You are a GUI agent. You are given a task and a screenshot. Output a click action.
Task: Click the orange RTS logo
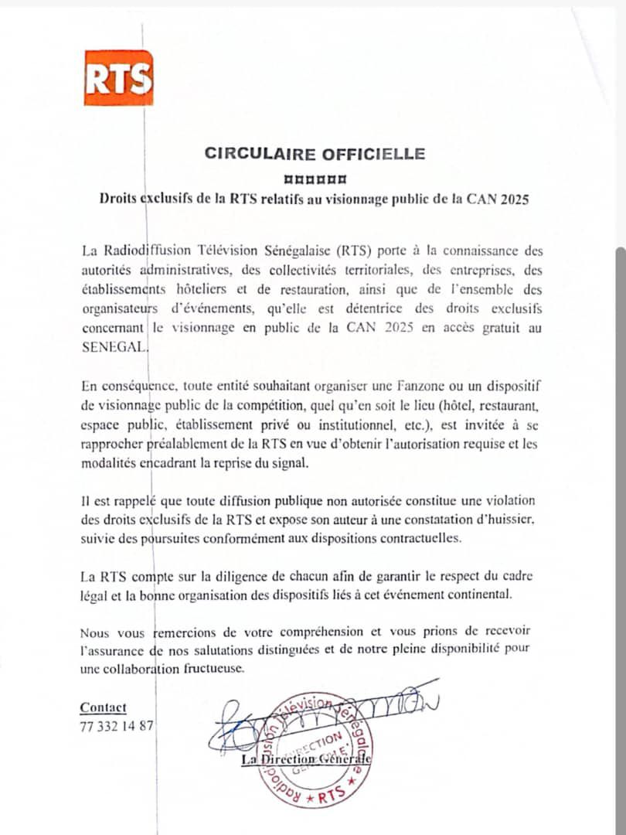pyautogui.click(x=118, y=77)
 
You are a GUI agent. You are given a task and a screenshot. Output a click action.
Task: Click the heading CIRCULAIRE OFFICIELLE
pyautogui.click(x=315, y=153)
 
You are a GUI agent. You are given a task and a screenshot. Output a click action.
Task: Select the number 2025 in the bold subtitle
pyautogui.click(x=514, y=199)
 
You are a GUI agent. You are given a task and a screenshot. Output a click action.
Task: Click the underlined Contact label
pyautogui.click(x=103, y=707)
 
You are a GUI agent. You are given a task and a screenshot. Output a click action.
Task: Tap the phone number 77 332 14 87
pyautogui.click(x=117, y=726)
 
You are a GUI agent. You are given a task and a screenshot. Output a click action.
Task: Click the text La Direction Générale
pyautogui.click(x=306, y=760)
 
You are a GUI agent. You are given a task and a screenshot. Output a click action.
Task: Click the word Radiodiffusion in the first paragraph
pyautogui.click(x=146, y=251)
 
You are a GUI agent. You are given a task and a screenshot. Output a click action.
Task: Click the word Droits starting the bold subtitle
pyautogui.click(x=117, y=199)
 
